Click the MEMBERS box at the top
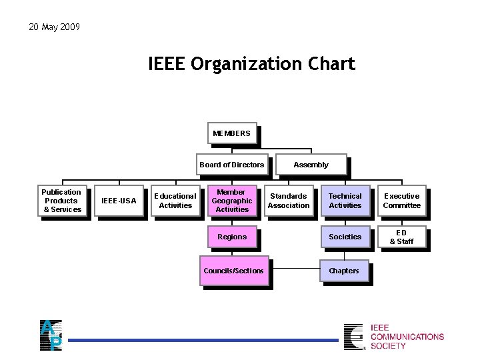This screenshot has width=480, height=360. pos(231,133)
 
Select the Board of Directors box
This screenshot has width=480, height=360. pos(231,165)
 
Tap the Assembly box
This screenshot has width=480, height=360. pos(311,165)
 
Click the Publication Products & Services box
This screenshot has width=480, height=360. pos(62,201)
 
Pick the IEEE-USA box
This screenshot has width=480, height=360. pos(118,201)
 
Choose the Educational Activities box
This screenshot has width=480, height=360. pos(175,201)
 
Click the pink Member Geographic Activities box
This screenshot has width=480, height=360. pos(231,201)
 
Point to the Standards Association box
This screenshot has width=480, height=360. pos(288,201)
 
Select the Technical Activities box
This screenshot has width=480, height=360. pos(345,201)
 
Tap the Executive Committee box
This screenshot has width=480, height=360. pos(401,201)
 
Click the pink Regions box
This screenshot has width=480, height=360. pos(231,237)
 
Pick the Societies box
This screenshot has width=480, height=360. pos(345,237)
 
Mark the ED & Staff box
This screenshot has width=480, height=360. pos(401,237)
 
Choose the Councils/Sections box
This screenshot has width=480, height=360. pos(233,271)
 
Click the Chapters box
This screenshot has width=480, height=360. pos(344,271)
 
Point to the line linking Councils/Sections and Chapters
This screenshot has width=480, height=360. pos(295,269)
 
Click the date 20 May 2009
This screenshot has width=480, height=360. pos(54,27)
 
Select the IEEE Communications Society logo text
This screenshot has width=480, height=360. pos(407,337)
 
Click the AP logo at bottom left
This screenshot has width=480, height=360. pos(51,335)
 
